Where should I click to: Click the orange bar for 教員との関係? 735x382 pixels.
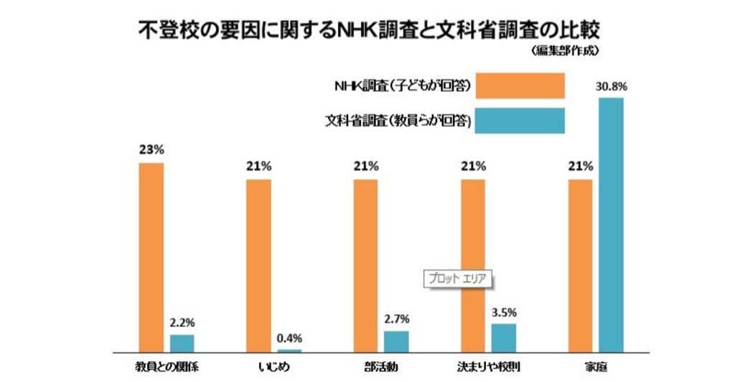pyautogui.click(x=151, y=257)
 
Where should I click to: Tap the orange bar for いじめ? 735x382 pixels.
pyautogui.click(x=258, y=265)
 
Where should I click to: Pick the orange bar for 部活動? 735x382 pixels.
pyautogui.click(x=365, y=265)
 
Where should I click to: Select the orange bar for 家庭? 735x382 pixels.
pyautogui.click(x=580, y=265)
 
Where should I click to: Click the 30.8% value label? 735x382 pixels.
pyautogui.click(x=611, y=86)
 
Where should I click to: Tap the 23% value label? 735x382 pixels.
pyautogui.click(x=151, y=150)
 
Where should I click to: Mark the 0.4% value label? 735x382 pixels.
pyautogui.click(x=289, y=337)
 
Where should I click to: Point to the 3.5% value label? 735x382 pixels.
pyautogui.click(x=504, y=312)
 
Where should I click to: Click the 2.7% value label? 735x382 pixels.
pyautogui.click(x=396, y=319)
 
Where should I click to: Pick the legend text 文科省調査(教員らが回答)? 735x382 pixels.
pyautogui.click(x=398, y=121)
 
